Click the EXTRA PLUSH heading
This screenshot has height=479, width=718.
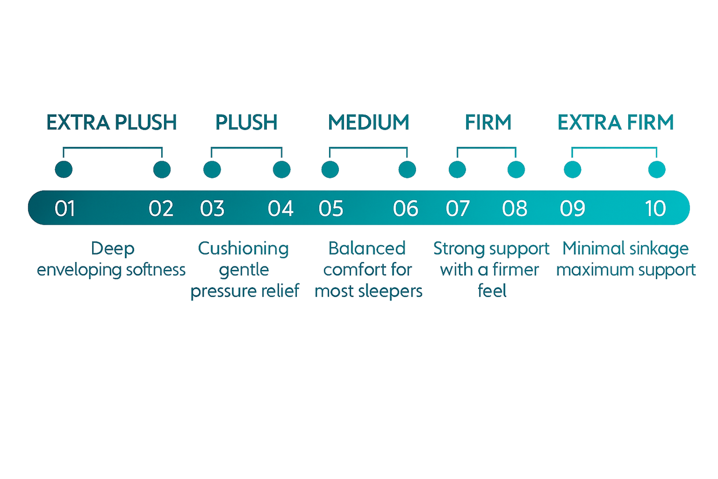click(x=112, y=122)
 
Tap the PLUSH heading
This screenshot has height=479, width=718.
click(x=247, y=122)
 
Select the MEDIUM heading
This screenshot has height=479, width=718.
click(x=369, y=122)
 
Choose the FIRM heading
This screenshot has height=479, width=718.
click(x=488, y=122)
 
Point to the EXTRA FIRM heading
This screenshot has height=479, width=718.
click(x=616, y=122)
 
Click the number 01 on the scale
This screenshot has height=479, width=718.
click(x=65, y=208)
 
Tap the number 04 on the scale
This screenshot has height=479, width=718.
click(x=281, y=208)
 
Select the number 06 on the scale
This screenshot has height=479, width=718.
click(x=406, y=208)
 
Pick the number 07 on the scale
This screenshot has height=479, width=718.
click(x=458, y=208)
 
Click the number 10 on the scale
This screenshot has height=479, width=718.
click(x=655, y=208)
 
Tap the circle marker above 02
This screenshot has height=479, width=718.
click(x=162, y=169)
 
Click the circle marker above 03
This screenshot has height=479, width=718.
click(x=212, y=169)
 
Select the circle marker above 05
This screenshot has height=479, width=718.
click(x=330, y=169)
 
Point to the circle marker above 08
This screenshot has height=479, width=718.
click(x=516, y=169)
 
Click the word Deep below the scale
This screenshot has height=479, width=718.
click(x=113, y=249)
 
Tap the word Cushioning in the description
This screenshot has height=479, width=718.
click(x=243, y=249)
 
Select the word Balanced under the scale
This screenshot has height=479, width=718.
click(x=367, y=249)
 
